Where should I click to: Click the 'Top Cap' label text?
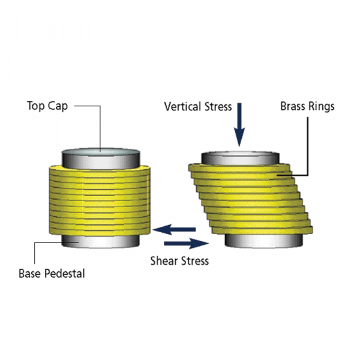(x=47, y=106)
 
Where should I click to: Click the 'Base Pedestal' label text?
(x=52, y=274)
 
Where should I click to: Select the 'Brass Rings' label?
(x=307, y=107)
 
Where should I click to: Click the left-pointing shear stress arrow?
(x=174, y=229)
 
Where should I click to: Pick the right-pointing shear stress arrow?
(x=186, y=244)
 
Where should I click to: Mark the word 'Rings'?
(x=322, y=107)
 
